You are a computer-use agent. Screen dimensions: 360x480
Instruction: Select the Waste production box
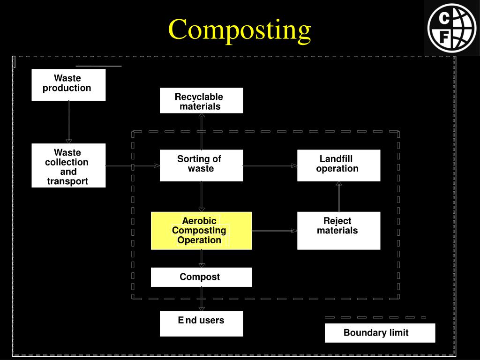coord(68,84)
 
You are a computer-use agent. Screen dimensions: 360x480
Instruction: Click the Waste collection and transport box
coord(68,165)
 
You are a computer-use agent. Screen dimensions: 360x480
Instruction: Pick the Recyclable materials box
coord(201,100)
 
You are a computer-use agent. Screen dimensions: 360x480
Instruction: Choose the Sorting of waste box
coord(201,165)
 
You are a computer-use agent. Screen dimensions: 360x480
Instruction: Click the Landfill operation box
coord(338,165)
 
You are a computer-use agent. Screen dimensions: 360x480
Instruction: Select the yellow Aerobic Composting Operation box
coord(201,230)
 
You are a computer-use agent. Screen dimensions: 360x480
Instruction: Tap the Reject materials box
coord(338,230)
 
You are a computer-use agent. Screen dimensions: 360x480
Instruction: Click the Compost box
coord(201,277)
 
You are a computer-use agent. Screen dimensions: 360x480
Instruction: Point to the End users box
coord(201,323)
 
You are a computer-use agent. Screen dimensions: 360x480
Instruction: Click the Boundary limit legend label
coord(380,333)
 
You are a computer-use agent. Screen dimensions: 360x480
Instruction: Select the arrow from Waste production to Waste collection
coord(68,122)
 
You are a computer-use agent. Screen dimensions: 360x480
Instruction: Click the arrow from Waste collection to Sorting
coord(133,165)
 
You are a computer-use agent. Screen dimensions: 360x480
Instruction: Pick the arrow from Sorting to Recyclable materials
coord(202,131)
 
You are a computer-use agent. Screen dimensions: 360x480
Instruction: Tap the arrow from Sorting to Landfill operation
coord(270,165)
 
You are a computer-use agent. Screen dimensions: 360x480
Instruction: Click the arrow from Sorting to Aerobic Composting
coord(202,196)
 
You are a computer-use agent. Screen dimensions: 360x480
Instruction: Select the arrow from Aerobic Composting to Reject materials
coord(274,231)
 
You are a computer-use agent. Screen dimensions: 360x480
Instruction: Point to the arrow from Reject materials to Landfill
coord(339,196)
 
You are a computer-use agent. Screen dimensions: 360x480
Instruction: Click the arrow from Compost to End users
coord(202,299)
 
